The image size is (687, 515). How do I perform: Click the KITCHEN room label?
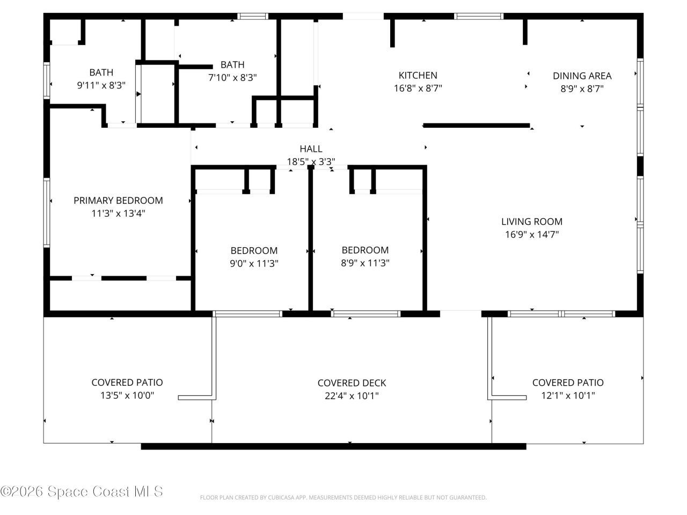(x=418, y=75)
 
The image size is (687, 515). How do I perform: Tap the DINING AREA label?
(x=582, y=76)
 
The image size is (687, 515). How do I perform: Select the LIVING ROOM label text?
(x=531, y=222)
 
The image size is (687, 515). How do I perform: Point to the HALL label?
(x=311, y=149)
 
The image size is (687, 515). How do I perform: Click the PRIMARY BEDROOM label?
(x=118, y=201)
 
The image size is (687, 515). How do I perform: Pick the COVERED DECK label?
(x=352, y=383)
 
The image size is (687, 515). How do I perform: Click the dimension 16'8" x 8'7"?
(x=418, y=88)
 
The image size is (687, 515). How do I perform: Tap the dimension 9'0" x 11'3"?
(x=254, y=263)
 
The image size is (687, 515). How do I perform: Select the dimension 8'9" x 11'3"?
(x=365, y=263)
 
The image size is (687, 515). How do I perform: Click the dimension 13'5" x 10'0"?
(x=127, y=395)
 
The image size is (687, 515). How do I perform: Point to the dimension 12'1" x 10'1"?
(x=568, y=395)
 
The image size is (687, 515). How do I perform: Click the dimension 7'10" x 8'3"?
(x=232, y=78)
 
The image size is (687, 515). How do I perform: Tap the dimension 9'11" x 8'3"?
(x=101, y=85)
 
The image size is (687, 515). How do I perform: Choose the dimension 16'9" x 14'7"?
(x=531, y=234)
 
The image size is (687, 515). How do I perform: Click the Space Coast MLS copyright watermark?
(x=82, y=491)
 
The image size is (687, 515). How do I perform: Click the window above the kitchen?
(x=479, y=16)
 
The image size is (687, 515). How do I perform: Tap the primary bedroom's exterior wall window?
(x=47, y=212)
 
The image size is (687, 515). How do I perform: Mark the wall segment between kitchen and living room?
(x=477, y=126)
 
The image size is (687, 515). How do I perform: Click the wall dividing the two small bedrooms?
(x=310, y=239)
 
